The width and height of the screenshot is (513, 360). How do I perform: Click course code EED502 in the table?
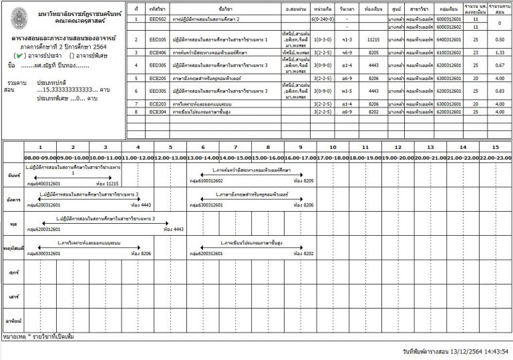[159, 19]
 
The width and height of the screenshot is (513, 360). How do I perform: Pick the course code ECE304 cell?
[159, 112]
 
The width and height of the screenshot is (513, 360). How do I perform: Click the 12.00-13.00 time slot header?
[170, 158]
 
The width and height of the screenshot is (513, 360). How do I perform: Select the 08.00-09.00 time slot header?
[39, 158]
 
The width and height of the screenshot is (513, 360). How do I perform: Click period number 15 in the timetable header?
[494, 147]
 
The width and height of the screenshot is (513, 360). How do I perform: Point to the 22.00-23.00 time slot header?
[495, 158]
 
